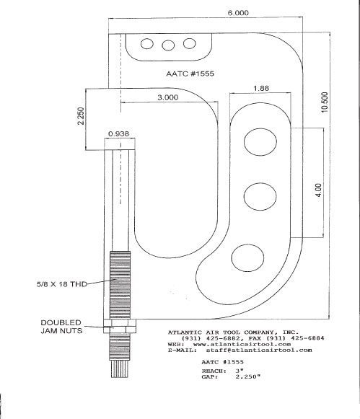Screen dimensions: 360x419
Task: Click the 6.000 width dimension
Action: pyautogui.click(x=238, y=13)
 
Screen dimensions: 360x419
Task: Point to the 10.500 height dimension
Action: pyautogui.click(x=324, y=102)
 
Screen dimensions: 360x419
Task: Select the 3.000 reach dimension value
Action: pyautogui.click(x=168, y=97)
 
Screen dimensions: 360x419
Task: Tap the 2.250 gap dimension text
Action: pyautogui.click(x=81, y=116)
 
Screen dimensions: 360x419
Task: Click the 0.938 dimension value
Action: pyautogui.click(x=118, y=133)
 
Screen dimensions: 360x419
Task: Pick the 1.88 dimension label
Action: pyautogui.click(x=261, y=88)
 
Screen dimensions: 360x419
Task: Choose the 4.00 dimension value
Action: pyautogui.click(x=319, y=190)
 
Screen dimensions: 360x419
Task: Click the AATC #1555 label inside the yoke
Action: pyautogui.click(x=190, y=74)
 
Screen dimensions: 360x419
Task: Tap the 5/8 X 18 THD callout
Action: pyautogui.click(x=62, y=284)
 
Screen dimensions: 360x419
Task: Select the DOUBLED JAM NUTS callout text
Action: pyautogui.click(x=61, y=327)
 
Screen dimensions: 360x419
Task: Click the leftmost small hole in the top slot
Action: pyautogui.click(x=147, y=43)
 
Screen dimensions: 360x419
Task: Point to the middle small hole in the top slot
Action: pyautogui.click(x=168, y=45)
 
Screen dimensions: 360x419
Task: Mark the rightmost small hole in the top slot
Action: pyautogui.click(x=190, y=43)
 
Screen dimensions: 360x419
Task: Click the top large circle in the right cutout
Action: pyautogui.click(x=260, y=141)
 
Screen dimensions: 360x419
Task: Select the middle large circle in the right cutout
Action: pyautogui.click(x=260, y=196)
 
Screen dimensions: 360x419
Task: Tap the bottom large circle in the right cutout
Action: pyautogui.click(x=247, y=258)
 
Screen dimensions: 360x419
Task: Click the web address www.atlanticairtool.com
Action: pyautogui.click(x=242, y=344)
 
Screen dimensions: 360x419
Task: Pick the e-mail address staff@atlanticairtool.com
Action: pyautogui.click(x=259, y=350)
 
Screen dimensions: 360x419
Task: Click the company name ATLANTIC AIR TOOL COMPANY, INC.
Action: pyautogui.click(x=233, y=332)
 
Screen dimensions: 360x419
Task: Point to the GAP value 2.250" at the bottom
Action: pyautogui.click(x=248, y=376)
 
